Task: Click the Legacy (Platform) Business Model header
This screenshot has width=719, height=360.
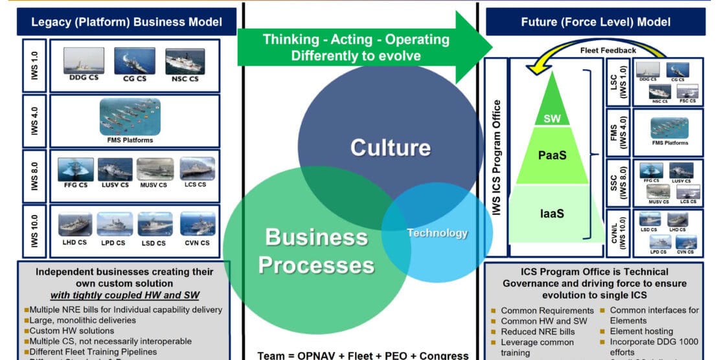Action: [126, 22]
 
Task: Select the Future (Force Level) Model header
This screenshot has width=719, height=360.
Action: [595, 22]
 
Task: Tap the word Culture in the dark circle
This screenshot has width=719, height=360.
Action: [390, 148]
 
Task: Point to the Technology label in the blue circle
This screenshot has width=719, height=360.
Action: [437, 233]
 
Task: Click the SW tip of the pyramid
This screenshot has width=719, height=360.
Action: [552, 118]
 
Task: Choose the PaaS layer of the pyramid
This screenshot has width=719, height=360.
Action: [552, 155]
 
